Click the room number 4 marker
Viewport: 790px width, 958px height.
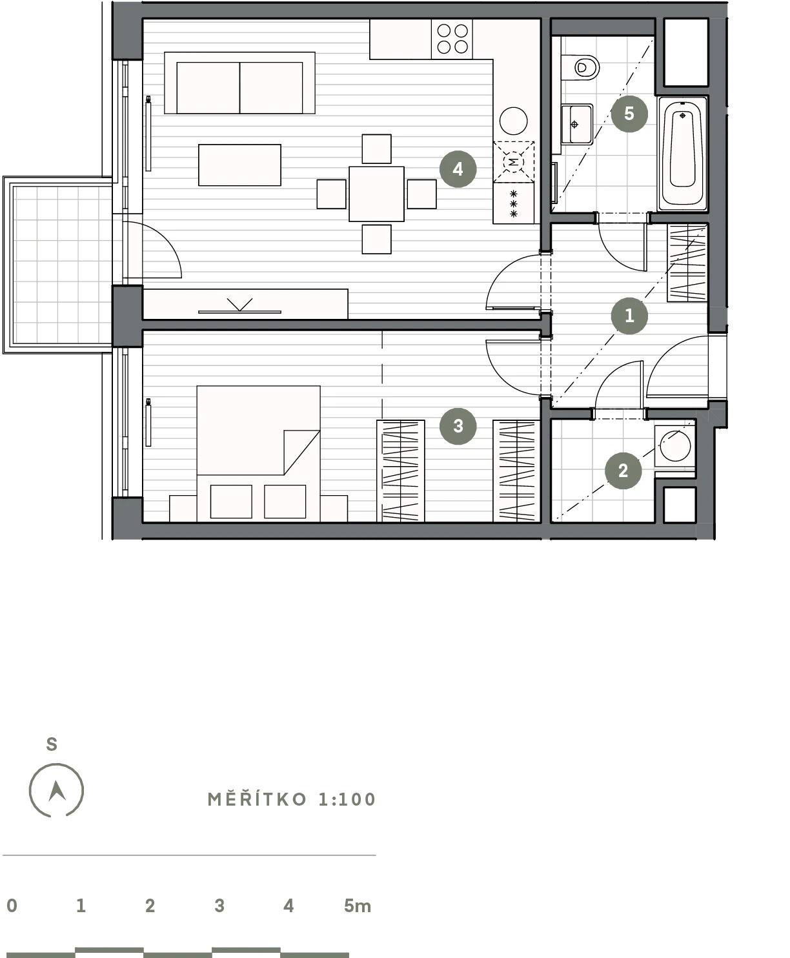pos(458,169)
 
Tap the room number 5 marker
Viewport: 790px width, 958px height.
pos(629,114)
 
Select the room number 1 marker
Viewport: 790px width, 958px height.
pos(629,316)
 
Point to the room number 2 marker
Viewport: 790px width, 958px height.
pos(623,471)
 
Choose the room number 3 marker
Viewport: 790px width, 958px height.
pos(458,426)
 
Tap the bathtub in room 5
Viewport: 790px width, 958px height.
pos(683,153)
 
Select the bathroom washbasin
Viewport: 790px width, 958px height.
pos(577,124)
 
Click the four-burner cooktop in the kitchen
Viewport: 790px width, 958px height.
pos(452,39)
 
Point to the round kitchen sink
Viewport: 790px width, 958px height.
pos(513,121)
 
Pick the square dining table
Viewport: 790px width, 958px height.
pos(376,194)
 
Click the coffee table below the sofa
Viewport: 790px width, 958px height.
pos(239,165)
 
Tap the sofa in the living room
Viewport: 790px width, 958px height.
pos(239,83)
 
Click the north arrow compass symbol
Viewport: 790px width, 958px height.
pos(56,791)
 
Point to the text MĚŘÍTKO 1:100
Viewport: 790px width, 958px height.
pos(292,799)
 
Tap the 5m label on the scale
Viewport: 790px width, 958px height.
pos(358,906)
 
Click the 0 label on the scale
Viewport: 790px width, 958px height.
pos(12,906)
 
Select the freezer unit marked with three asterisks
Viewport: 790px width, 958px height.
pos(513,203)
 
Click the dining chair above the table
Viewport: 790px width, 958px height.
pos(376,148)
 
